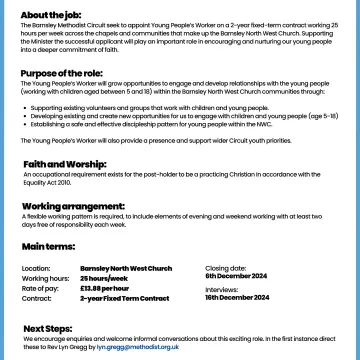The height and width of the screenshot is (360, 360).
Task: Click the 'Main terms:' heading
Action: pyautogui.click(x=46, y=245)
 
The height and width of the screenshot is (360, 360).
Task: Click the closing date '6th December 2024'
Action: pyautogui.click(x=238, y=277)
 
